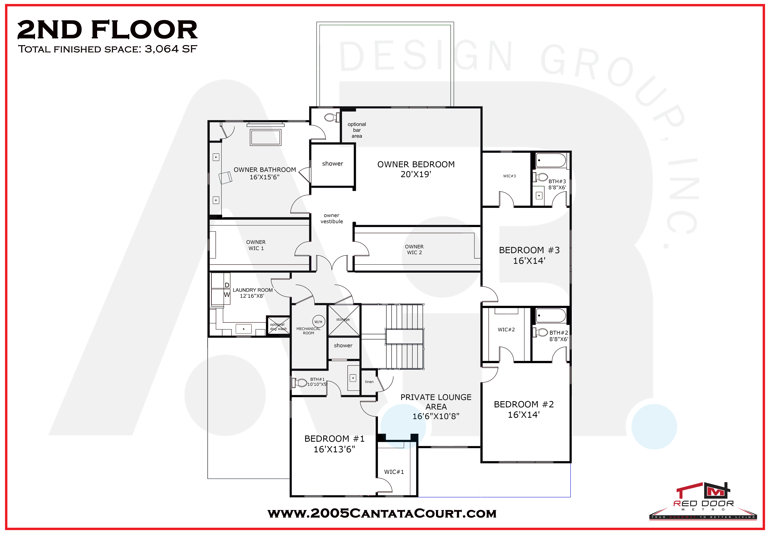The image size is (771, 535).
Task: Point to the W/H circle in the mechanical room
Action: pyautogui.click(x=318, y=322)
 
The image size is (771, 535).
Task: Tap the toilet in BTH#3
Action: pyautogui.click(x=540, y=177)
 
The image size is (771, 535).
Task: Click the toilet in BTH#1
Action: pyautogui.click(x=300, y=383)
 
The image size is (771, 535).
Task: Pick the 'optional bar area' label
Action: pyautogui.click(x=357, y=130)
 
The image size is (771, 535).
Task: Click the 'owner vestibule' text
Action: pyautogui.click(x=332, y=218)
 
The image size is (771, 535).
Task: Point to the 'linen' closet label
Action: pyautogui.click(x=369, y=381)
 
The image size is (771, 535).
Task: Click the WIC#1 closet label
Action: pyautogui.click(x=394, y=472)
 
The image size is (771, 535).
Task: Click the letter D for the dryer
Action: pyautogui.click(x=227, y=285)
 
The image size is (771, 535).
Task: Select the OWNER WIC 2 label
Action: pyautogui.click(x=414, y=249)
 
